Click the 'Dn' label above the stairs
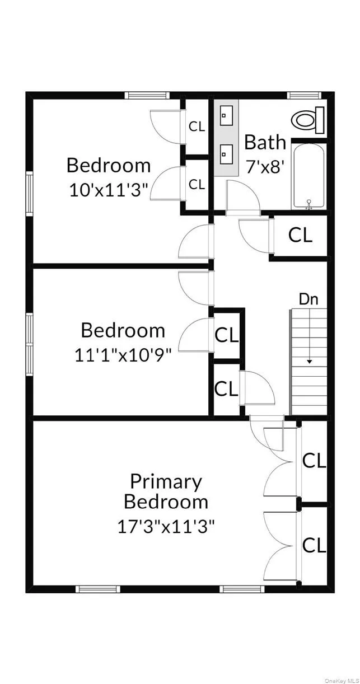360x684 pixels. [x=308, y=299]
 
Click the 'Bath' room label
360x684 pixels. [x=265, y=142]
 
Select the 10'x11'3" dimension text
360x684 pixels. [x=109, y=190]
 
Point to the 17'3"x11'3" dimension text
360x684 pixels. [x=166, y=526]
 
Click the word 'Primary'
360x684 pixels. [x=166, y=481]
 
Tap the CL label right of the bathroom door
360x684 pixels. [x=300, y=235]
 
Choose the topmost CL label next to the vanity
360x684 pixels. [x=197, y=127]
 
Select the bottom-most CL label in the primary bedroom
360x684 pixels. [x=314, y=545]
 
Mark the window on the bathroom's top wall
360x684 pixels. [x=304, y=95]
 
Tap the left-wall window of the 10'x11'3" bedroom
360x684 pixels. [x=30, y=194]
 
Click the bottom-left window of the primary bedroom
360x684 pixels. [x=97, y=588]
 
